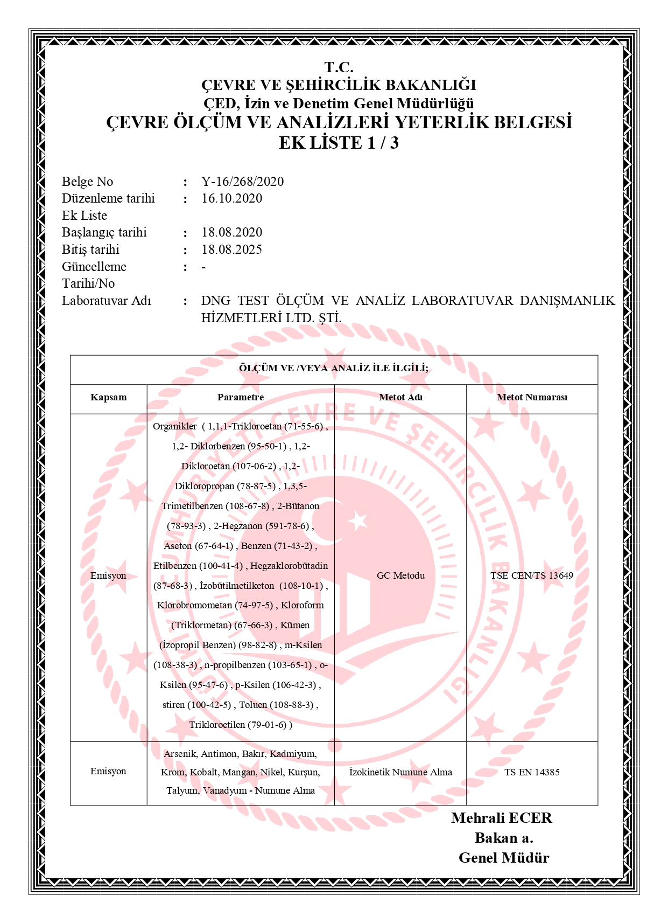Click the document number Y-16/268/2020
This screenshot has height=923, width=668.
[242, 182]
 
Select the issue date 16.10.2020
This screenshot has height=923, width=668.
[231, 198]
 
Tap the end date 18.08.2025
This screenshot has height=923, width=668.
[231, 249]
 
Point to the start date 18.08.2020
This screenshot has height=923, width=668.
[231, 232]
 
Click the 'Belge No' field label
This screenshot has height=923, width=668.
[87, 182]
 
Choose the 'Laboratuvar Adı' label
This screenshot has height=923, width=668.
[107, 301]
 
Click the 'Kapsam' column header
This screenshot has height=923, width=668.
[108, 398]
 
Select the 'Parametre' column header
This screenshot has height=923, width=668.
[241, 398]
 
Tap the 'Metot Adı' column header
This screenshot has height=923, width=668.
[400, 398]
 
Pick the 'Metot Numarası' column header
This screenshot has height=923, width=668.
[532, 398]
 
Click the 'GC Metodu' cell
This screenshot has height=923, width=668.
[400, 575]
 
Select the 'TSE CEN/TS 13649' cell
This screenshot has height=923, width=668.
[532, 575]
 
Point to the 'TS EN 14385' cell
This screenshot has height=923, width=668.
[532, 772]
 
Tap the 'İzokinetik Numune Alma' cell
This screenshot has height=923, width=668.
[400, 772]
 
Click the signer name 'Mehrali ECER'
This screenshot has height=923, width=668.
[502, 818]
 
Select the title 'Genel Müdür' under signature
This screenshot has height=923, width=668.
[504, 858]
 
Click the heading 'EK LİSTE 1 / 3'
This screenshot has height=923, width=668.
[339, 143]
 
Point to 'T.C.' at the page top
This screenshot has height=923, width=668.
[339, 67]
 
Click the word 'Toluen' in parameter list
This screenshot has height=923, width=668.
[253, 705]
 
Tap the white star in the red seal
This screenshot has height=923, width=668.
[358, 521]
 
